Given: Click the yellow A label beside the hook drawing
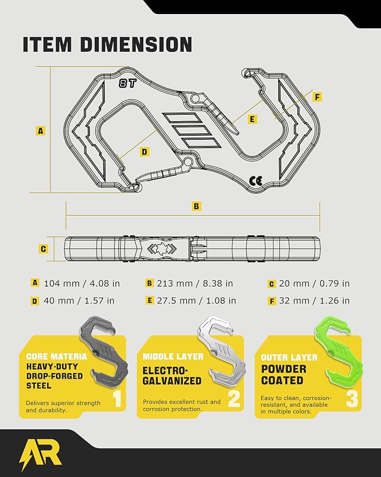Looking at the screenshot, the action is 40,131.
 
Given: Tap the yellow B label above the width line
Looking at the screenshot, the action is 196,206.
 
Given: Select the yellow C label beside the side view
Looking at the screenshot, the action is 43,249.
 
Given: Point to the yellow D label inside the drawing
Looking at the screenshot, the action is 144,152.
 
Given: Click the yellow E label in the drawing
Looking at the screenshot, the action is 252,119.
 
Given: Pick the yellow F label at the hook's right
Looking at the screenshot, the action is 317,97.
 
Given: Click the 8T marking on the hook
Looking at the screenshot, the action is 127,83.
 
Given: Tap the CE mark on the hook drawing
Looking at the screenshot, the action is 256,181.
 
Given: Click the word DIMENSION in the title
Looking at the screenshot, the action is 136,44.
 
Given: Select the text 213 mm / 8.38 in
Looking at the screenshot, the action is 195,284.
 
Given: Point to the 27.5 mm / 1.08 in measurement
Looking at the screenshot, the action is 196,301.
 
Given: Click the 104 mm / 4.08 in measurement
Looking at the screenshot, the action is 82,284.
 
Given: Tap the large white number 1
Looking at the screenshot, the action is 118,398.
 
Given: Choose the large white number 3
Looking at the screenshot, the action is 352,398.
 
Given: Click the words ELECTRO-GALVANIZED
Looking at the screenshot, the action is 172,376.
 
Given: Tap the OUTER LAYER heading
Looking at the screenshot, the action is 289,357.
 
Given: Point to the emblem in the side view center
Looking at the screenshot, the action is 162,248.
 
